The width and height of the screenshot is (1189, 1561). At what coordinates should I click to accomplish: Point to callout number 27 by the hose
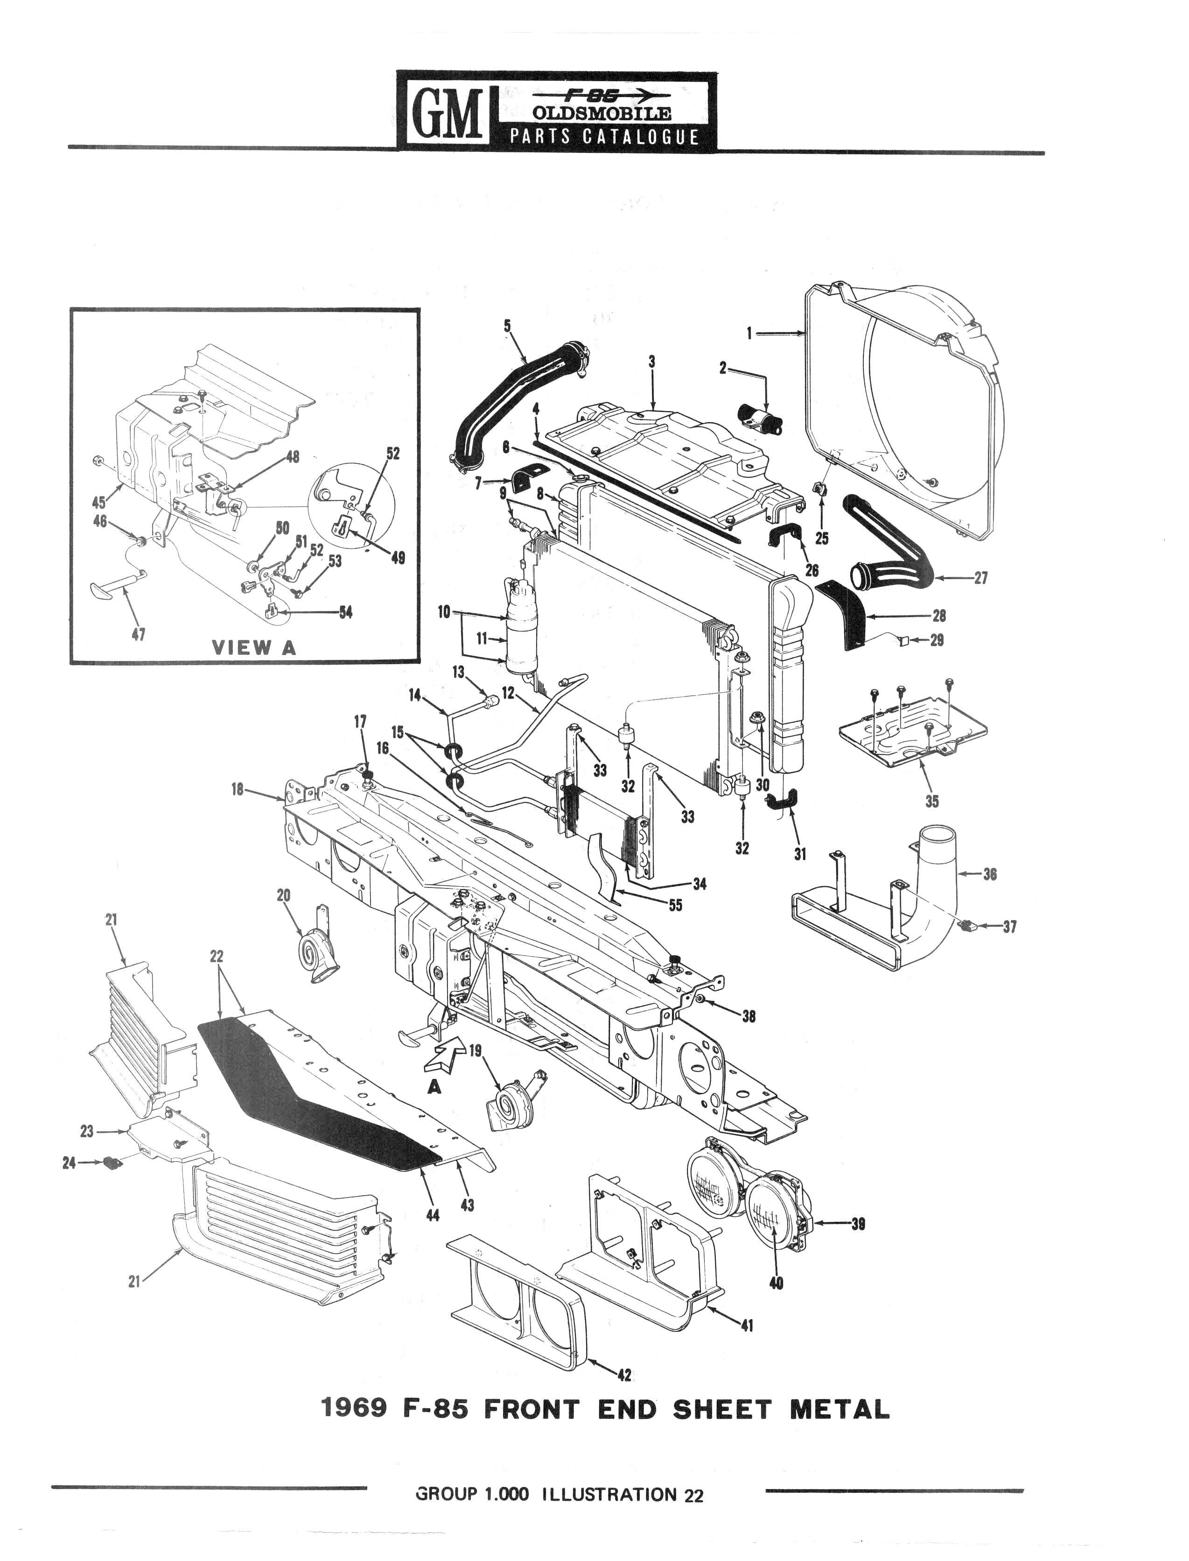(980, 577)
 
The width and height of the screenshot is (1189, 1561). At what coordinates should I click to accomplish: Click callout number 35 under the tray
(931, 801)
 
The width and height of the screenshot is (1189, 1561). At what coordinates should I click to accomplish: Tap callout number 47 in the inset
(139, 635)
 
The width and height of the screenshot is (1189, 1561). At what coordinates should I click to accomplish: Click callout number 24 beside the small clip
(69, 1162)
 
